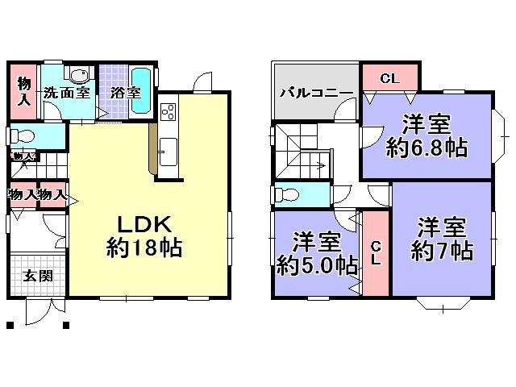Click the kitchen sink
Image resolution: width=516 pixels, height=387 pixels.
169,150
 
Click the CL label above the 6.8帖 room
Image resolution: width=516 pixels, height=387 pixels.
389,78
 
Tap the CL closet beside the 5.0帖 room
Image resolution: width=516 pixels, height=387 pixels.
377,253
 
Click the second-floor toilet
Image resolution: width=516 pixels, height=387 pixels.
290,194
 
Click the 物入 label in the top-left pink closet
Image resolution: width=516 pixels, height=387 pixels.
25,91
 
